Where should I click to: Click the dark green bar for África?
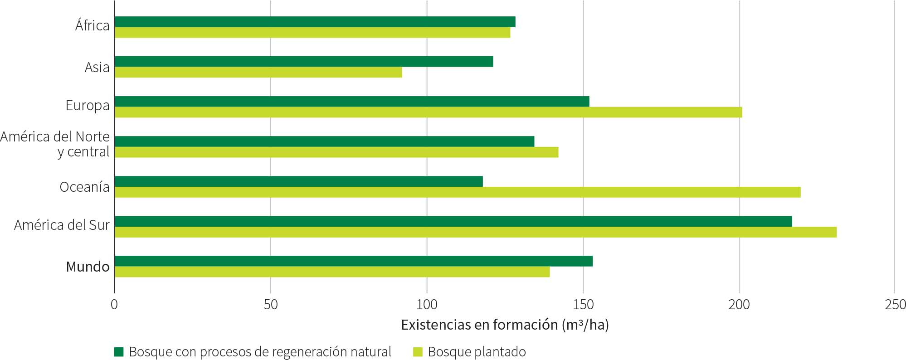[x=315, y=22]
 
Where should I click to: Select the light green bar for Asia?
[x=258, y=72]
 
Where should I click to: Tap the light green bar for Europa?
[x=429, y=112]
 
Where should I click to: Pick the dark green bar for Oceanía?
[x=299, y=181]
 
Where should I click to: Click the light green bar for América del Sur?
[x=476, y=232]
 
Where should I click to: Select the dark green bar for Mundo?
[x=354, y=261]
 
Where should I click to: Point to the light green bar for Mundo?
[x=332, y=272]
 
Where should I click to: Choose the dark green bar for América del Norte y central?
[x=325, y=141]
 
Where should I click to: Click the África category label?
[x=93, y=26]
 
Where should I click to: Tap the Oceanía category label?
[x=85, y=187]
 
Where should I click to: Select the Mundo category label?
[x=88, y=267]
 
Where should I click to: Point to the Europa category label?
[x=88, y=106]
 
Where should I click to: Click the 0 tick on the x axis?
[x=114, y=304]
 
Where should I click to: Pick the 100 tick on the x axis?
[x=427, y=304]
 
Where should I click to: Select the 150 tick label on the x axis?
[x=583, y=304]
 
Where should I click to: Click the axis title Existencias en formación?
[x=505, y=325]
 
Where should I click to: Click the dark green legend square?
[x=119, y=352]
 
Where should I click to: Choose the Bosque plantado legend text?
[x=477, y=352]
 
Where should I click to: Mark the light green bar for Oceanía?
[x=458, y=192]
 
